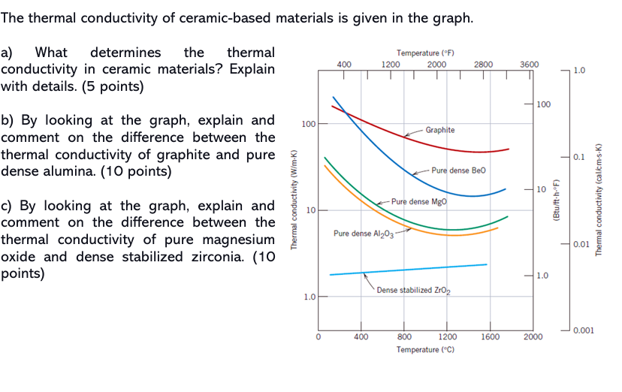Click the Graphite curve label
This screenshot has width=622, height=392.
[x=439, y=130]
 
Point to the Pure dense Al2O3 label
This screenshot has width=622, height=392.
[x=358, y=234]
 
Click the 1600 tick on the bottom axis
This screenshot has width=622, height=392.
[x=490, y=337]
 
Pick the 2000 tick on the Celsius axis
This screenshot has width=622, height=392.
[x=533, y=337]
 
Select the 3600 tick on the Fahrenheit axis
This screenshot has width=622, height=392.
[x=529, y=65]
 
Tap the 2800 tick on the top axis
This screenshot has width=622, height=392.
[x=483, y=65]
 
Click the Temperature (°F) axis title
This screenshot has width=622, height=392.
[x=426, y=53]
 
